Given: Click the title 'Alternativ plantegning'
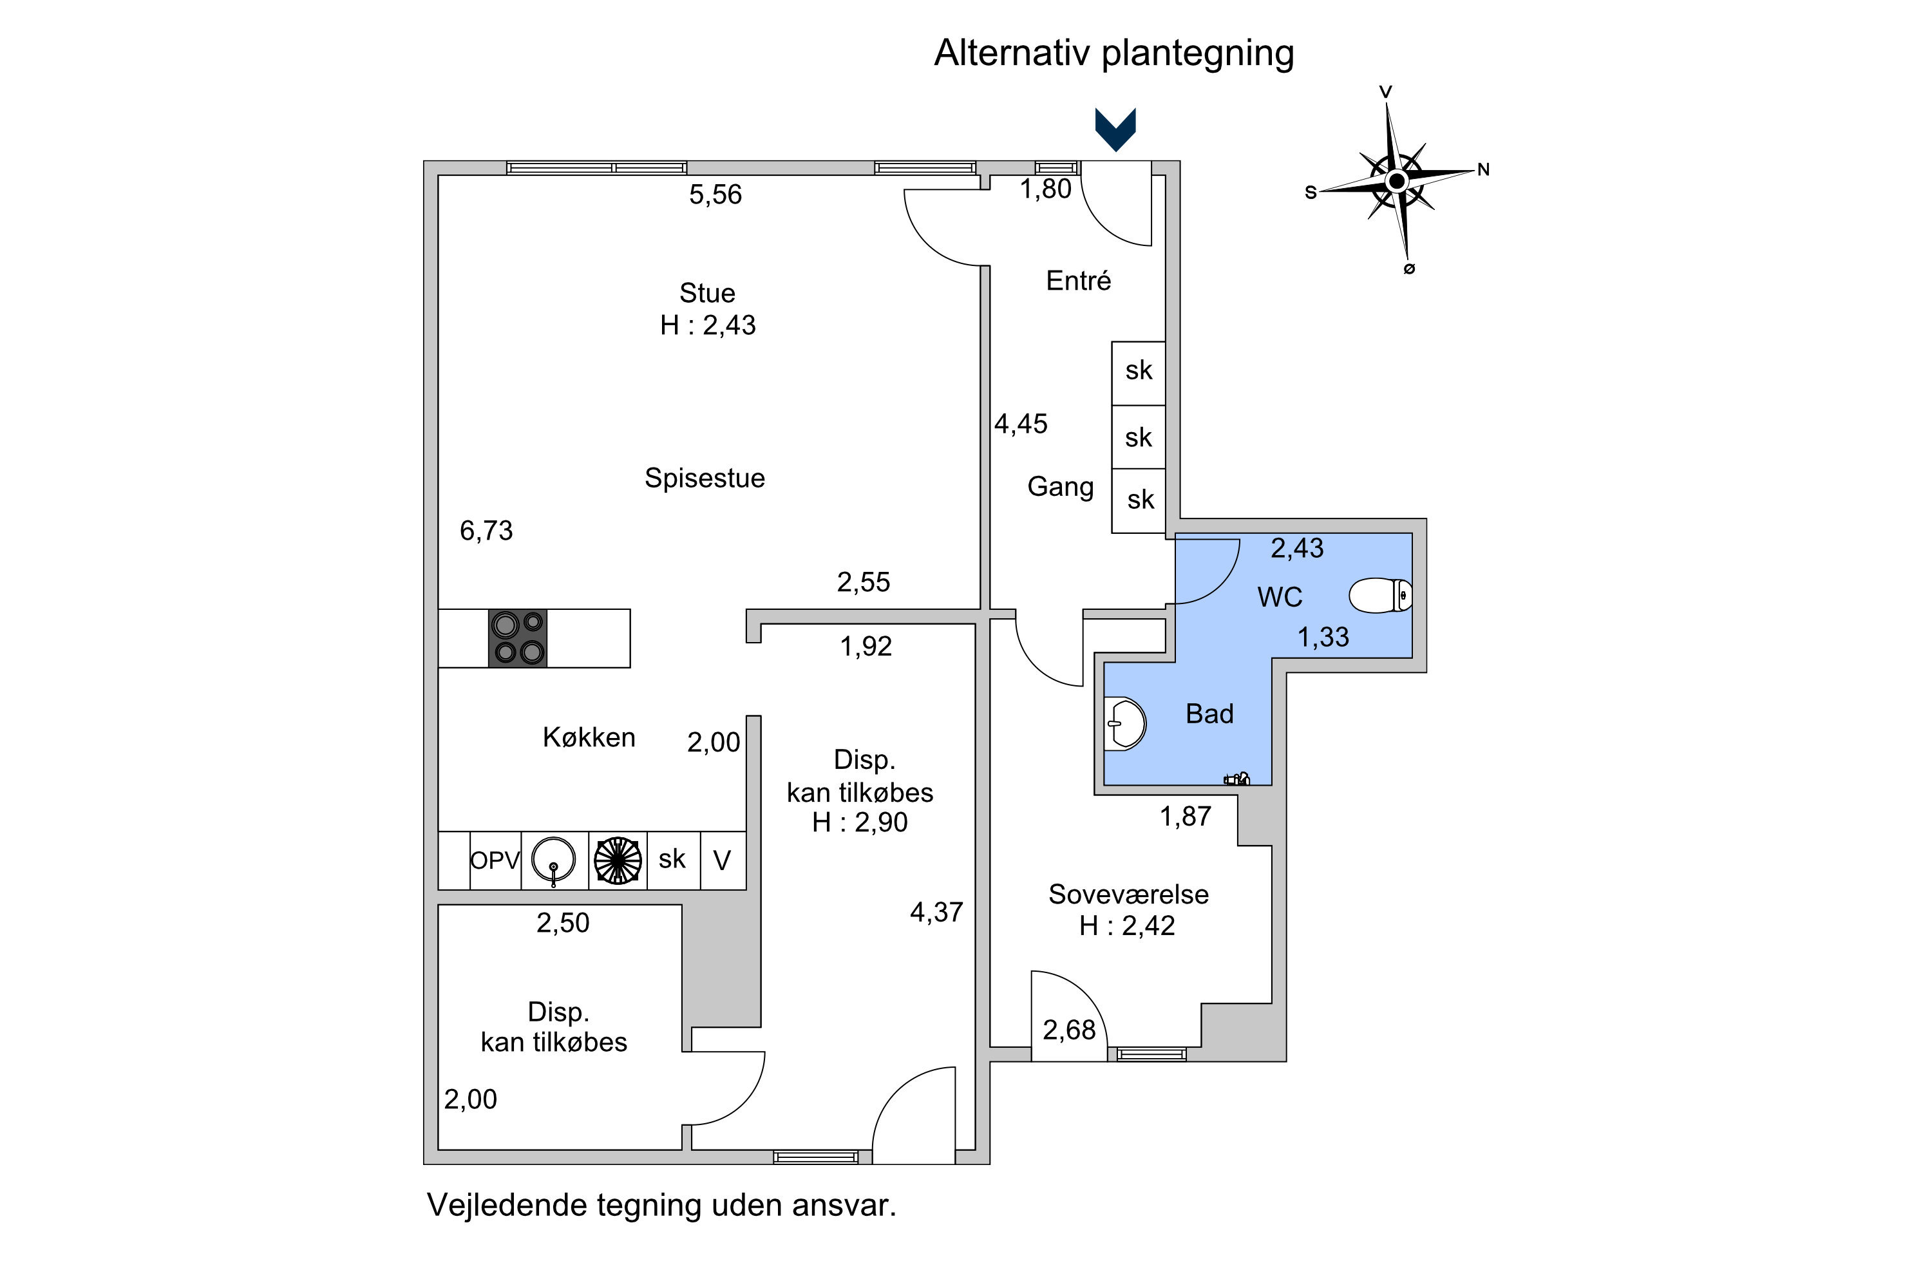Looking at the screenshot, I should [1114, 53].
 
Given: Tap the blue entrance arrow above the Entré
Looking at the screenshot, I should [1115, 129].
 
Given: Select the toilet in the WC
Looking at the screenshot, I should [1380, 596].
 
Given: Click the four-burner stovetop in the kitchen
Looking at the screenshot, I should [518, 638].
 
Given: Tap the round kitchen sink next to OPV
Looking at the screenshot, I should [554, 860].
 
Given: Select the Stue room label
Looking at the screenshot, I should [707, 293].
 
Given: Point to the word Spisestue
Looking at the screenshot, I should [705, 478].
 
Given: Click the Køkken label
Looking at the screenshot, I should [589, 737].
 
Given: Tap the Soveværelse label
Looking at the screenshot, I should [1129, 895].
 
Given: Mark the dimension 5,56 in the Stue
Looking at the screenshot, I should [715, 194].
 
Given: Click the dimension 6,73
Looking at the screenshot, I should [486, 531].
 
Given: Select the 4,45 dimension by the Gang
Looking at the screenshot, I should [1021, 424].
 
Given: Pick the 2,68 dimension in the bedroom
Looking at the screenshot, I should [1068, 1030].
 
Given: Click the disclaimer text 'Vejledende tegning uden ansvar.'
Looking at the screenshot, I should [661, 1205].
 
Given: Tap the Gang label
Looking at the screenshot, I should [1061, 486].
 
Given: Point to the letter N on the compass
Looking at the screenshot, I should [1484, 170].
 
